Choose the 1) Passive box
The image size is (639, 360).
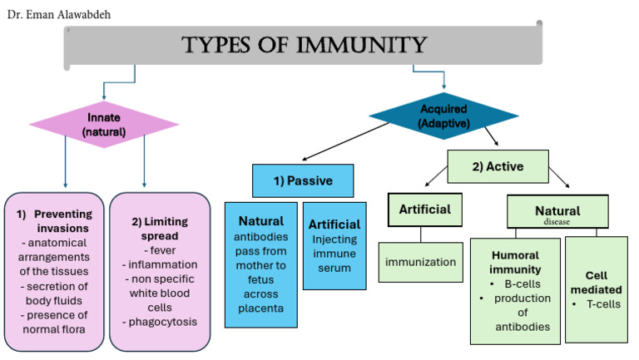click(303, 180)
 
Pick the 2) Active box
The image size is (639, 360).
click(498, 166)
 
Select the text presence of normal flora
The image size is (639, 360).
click(57, 322)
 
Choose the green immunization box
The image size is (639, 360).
click(420, 262)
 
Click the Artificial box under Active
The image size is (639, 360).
click(425, 209)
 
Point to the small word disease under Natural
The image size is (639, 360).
click(557, 222)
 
